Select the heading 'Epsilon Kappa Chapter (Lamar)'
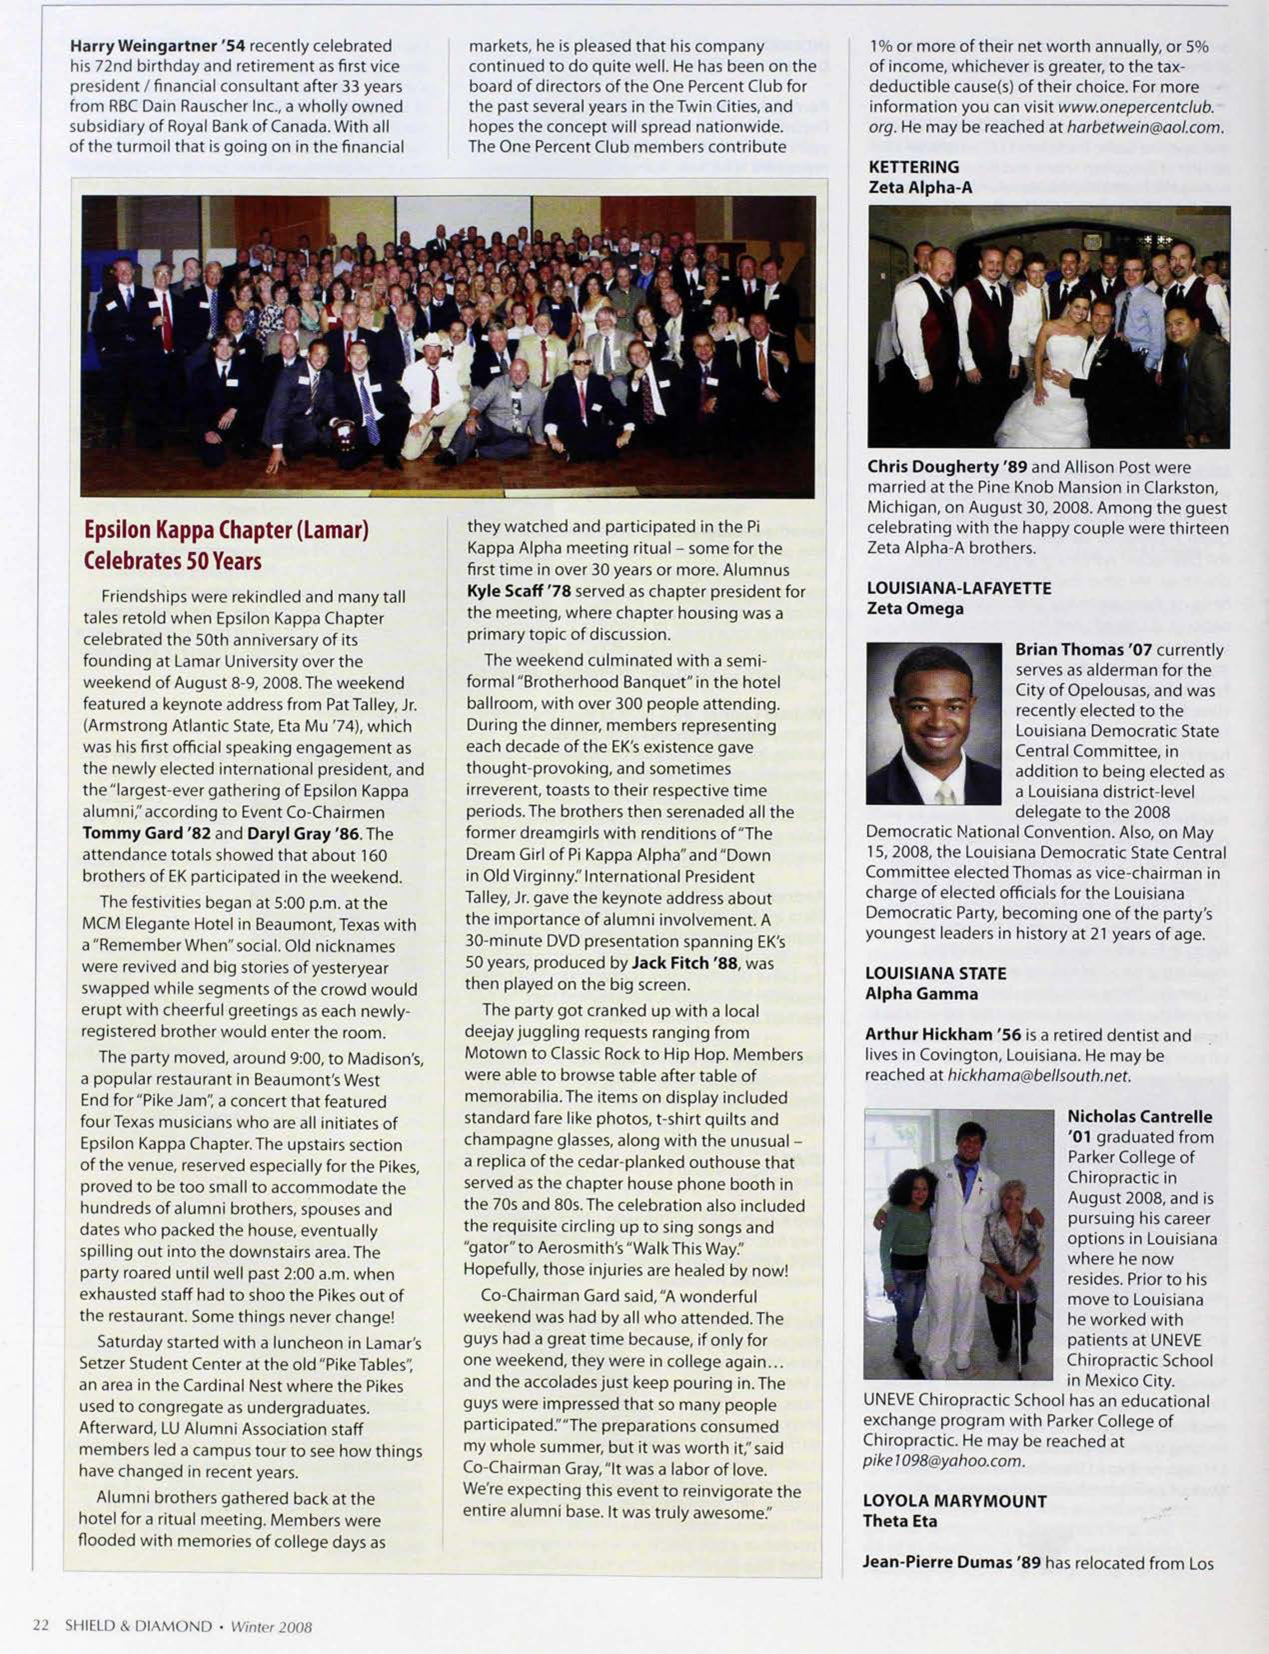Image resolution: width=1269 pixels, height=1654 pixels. click(226, 530)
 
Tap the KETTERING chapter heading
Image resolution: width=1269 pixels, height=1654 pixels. click(913, 167)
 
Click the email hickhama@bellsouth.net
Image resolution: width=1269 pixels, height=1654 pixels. click(1038, 1075)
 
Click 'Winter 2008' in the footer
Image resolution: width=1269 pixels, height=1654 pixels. click(270, 1626)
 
